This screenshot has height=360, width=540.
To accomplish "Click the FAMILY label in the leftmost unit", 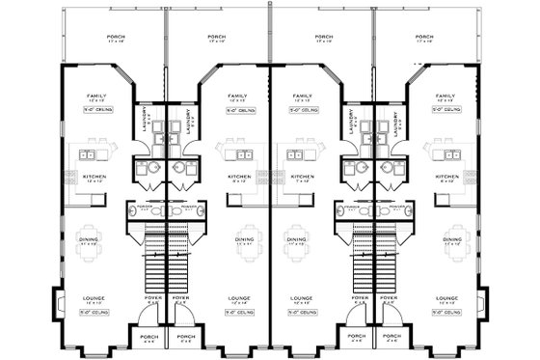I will point(94,97).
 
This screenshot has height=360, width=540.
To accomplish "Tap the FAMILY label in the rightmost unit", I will point(445,97).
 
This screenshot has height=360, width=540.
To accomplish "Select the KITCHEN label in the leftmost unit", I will point(94,177).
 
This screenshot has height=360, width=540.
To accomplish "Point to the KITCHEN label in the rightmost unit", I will point(445,177).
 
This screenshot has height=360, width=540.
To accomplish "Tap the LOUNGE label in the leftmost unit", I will point(94,298).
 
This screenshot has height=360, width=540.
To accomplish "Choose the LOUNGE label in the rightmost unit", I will point(445,298).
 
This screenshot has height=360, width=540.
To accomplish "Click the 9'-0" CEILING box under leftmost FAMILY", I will point(94,111).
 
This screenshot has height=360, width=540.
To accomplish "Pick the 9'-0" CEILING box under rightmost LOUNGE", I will point(445,313).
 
